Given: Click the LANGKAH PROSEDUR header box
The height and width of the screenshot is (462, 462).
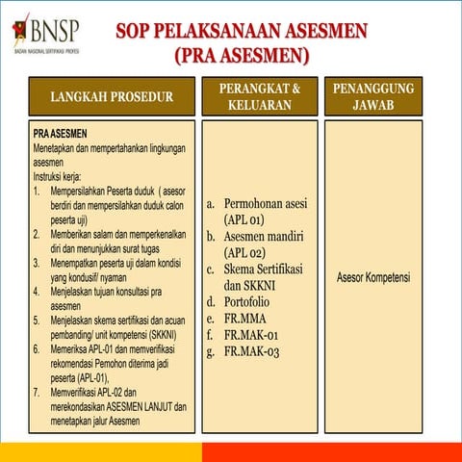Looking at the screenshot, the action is click(x=112, y=96).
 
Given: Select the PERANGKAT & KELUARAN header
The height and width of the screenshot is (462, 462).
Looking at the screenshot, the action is click(x=259, y=96).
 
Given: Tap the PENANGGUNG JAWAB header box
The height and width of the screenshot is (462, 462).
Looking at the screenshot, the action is click(x=373, y=96).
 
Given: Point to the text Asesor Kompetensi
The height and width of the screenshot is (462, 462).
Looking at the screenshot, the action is click(x=373, y=278).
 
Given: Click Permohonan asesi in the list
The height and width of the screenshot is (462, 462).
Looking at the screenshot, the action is click(x=265, y=204).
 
